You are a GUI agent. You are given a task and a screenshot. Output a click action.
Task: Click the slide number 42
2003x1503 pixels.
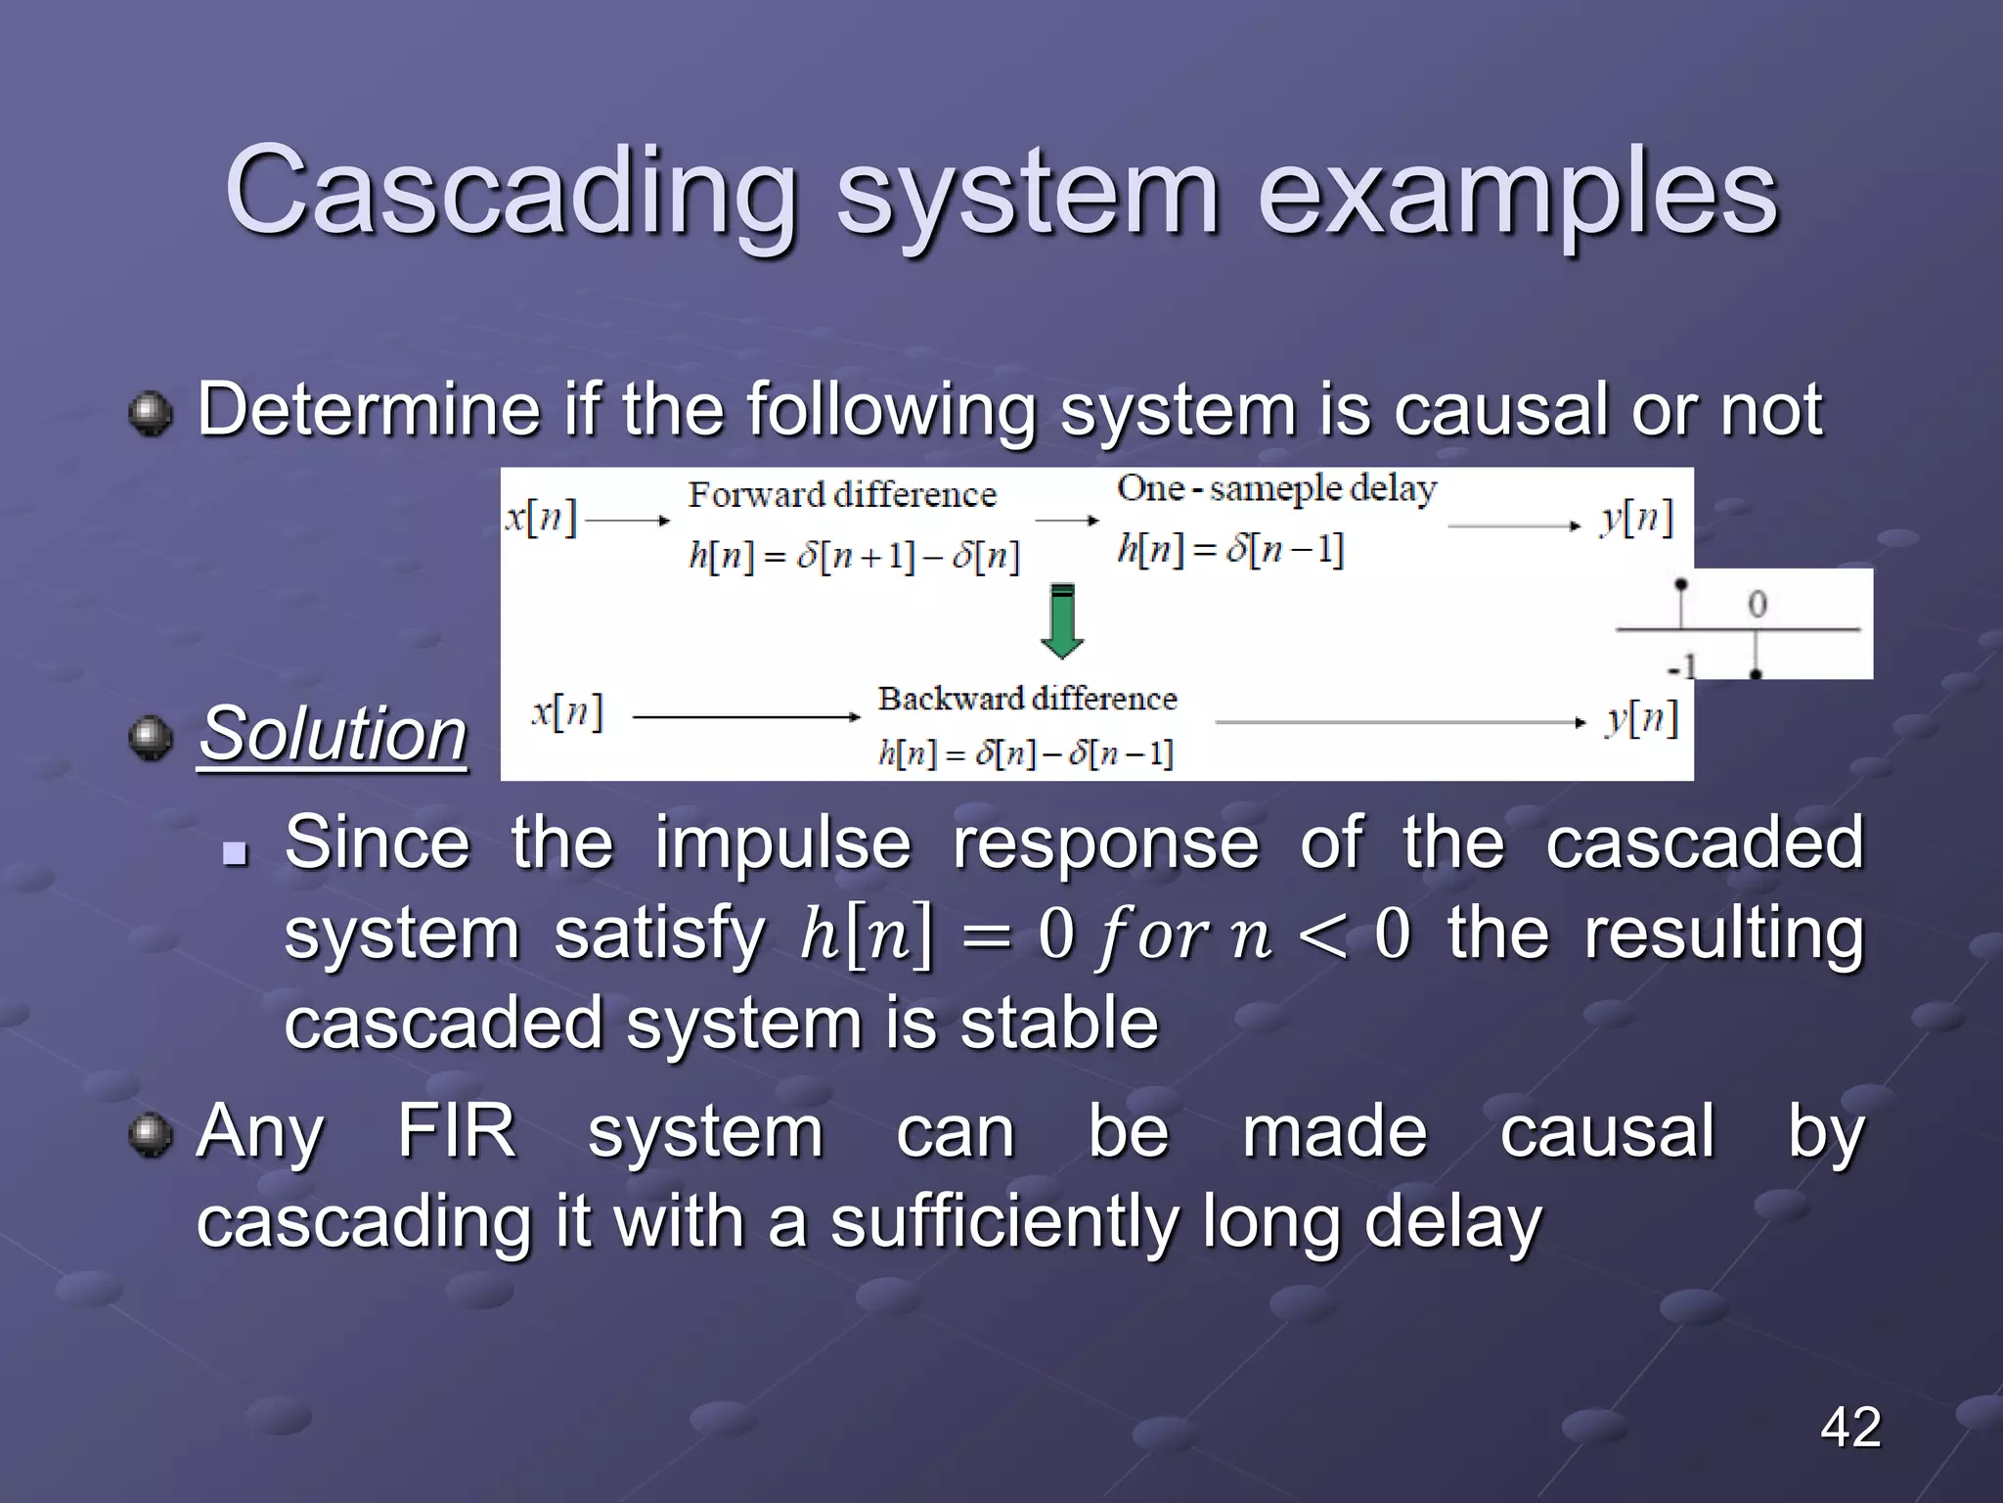tap(1849, 1427)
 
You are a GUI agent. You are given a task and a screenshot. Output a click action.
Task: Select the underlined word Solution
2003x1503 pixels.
tap(333, 734)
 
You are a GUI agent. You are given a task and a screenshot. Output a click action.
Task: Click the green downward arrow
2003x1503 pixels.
tap(1062, 622)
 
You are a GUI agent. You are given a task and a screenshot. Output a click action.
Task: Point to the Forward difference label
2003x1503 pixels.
tap(842, 494)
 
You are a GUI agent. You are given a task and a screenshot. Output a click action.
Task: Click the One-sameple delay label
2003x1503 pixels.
tap(1276, 488)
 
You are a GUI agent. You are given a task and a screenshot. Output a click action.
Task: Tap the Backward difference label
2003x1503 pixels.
tap(1027, 699)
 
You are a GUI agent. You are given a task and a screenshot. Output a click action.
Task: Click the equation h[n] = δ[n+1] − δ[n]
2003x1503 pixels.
tap(854, 556)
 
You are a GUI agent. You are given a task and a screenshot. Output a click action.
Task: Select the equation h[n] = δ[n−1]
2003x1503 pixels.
tap(1230, 549)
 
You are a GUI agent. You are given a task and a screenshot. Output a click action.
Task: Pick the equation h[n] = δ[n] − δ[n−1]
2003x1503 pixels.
tap(1025, 752)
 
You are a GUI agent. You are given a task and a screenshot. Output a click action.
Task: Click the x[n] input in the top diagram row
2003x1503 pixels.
tap(541, 517)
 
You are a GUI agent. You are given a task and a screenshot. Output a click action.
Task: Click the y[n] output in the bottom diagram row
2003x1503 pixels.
tap(1641, 720)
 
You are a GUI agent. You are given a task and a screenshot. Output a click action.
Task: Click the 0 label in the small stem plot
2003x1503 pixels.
tap(1758, 605)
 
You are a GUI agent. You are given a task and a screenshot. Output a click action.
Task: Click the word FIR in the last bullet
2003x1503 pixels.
tap(457, 1131)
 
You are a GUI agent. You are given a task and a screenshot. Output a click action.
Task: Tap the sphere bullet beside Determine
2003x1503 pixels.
tap(151, 414)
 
